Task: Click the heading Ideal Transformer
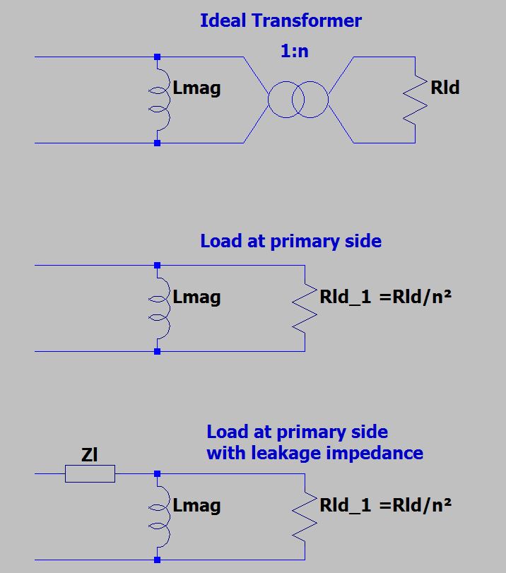tap(281, 20)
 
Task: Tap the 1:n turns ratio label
tap(295, 51)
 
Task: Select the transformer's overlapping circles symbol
tap(298, 100)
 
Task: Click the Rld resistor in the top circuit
tap(417, 100)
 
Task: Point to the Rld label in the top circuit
tap(445, 88)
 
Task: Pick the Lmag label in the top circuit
tap(196, 88)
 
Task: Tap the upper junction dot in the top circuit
tap(157, 57)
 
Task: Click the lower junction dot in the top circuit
tap(157, 143)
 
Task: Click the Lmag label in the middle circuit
tap(196, 297)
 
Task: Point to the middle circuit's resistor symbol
tap(305, 308)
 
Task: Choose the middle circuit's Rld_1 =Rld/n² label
tap(385, 297)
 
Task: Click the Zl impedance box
tap(90, 474)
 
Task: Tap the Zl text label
tap(89, 455)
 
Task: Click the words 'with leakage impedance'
tap(314, 453)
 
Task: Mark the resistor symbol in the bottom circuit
tap(305, 517)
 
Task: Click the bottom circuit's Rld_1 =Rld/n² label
tap(385, 505)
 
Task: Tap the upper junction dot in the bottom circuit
tap(157, 474)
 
